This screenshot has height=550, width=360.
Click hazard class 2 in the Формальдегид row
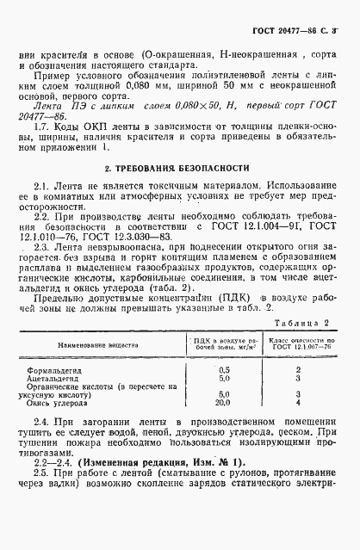pyautogui.click(x=297, y=345)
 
